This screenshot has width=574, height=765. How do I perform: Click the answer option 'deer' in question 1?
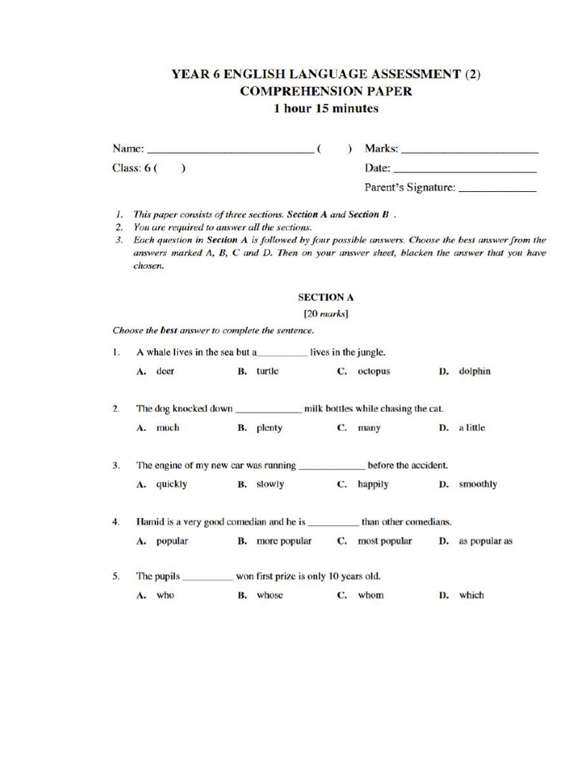click(x=164, y=371)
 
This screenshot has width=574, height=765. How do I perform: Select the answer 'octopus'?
click(x=374, y=371)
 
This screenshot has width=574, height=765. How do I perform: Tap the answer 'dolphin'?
click(x=475, y=371)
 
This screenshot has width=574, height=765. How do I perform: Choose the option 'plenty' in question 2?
click(x=269, y=428)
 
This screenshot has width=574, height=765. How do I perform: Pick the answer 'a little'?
click(x=472, y=428)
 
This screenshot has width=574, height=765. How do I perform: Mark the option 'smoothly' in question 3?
click(x=478, y=484)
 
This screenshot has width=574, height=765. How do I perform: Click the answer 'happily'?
click(x=373, y=484)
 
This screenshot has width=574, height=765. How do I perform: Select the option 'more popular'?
click(x=284, y=541)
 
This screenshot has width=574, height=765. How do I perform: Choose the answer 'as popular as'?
click(x=485, y=541)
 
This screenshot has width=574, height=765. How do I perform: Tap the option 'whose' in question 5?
click(x=270, y=595)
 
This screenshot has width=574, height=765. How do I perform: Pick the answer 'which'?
click(x=471, y=595)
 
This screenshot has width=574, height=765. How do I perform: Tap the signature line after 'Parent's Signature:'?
click(x=497, y=190)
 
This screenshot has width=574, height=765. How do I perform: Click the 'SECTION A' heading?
click(x=326, y=297)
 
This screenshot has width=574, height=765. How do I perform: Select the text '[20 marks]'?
click(x=326, y=313)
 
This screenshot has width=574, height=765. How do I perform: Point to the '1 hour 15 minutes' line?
click(x=326, y=108)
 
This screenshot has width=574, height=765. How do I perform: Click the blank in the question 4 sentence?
click(x=333, y=523)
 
